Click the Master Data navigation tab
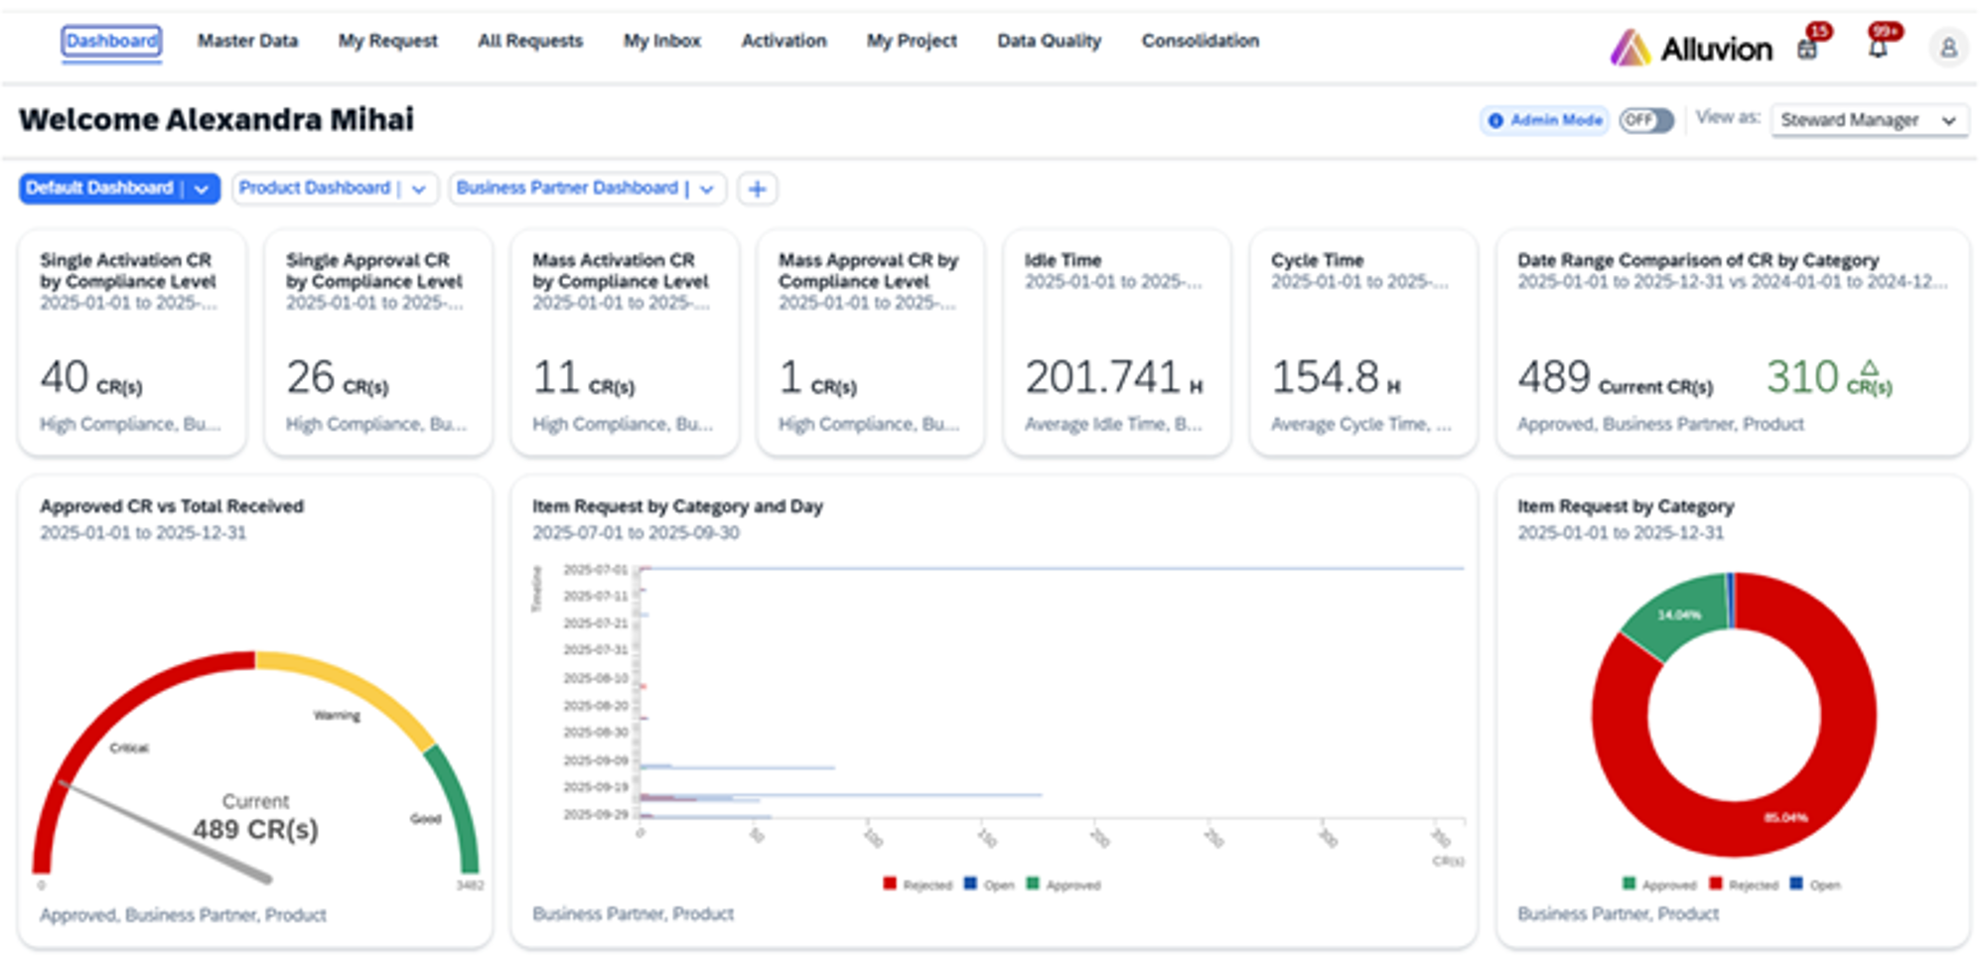point(247,41)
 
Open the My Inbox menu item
point(661,41)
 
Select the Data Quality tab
point(1049,41)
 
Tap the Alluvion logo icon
point(1630,48)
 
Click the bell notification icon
point(1877,48)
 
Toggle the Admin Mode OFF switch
point(1646,120)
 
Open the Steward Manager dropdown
point(1868,120)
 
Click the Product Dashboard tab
point(315,188)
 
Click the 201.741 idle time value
point(1102,377)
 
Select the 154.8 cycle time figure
point(1326,377)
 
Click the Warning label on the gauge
point(337,716)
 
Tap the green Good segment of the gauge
point(456,804)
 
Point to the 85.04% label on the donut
point(1784,818)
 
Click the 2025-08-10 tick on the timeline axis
point(596,678)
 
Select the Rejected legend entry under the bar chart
point(919,885)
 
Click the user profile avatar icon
point(1948,48)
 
